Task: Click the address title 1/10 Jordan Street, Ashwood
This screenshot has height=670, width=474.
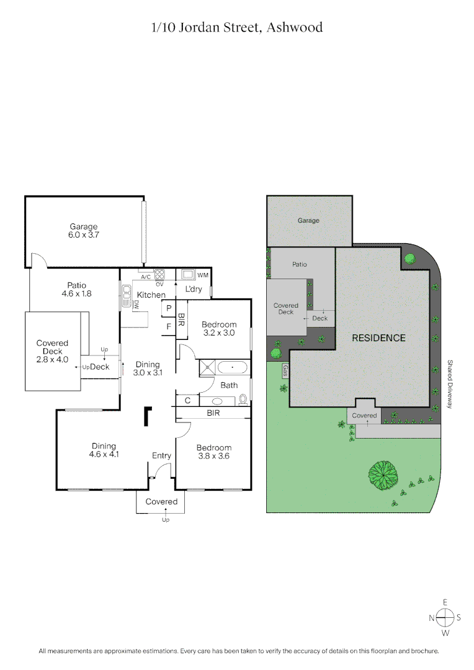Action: [x=237, y=28]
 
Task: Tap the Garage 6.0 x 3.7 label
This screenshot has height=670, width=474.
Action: [x=84, y=231]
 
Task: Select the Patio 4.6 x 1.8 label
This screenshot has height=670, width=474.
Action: [x=77, y=290]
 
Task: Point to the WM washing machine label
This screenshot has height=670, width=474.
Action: [x=202, y=275]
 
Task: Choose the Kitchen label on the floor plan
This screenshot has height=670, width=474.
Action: [x=151, y=295]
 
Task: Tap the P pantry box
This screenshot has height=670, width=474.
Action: [x=168, y=308]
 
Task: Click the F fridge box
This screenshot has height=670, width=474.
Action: [x=168, y=326]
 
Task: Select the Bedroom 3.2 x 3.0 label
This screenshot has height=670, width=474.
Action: [x=220, y=328]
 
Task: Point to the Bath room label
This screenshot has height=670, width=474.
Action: [x=229, y=385]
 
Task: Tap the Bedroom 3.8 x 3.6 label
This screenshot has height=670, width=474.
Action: [x=213, y=452]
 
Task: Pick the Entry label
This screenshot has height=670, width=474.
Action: [x=161, y=456]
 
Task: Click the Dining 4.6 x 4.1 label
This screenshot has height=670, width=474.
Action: [x=104, y=450]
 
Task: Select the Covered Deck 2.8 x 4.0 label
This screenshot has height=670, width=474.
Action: [x=52, y=351]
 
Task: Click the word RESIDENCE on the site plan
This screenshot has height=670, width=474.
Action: [x=378, y=338]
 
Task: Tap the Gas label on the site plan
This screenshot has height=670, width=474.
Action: [x=285, y=371]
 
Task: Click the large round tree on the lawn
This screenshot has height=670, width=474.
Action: [x=382, y=475]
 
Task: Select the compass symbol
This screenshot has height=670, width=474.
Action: [x=445, y=617]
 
